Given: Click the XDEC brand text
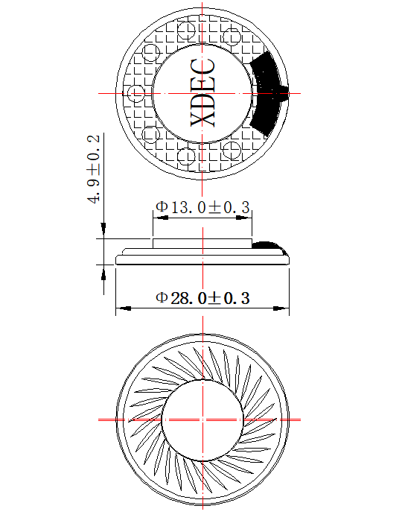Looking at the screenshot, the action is [202, 92].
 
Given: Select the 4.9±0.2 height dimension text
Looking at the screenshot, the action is [94, 169].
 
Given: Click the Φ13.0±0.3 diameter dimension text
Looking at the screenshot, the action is [202, 207].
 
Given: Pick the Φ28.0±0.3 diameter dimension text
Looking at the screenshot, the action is [202, 298].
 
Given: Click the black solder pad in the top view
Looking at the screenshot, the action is [269, 94].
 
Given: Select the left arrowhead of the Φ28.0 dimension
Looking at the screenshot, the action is [124, 308].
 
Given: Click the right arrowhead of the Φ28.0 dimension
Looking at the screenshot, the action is [281, 308].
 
